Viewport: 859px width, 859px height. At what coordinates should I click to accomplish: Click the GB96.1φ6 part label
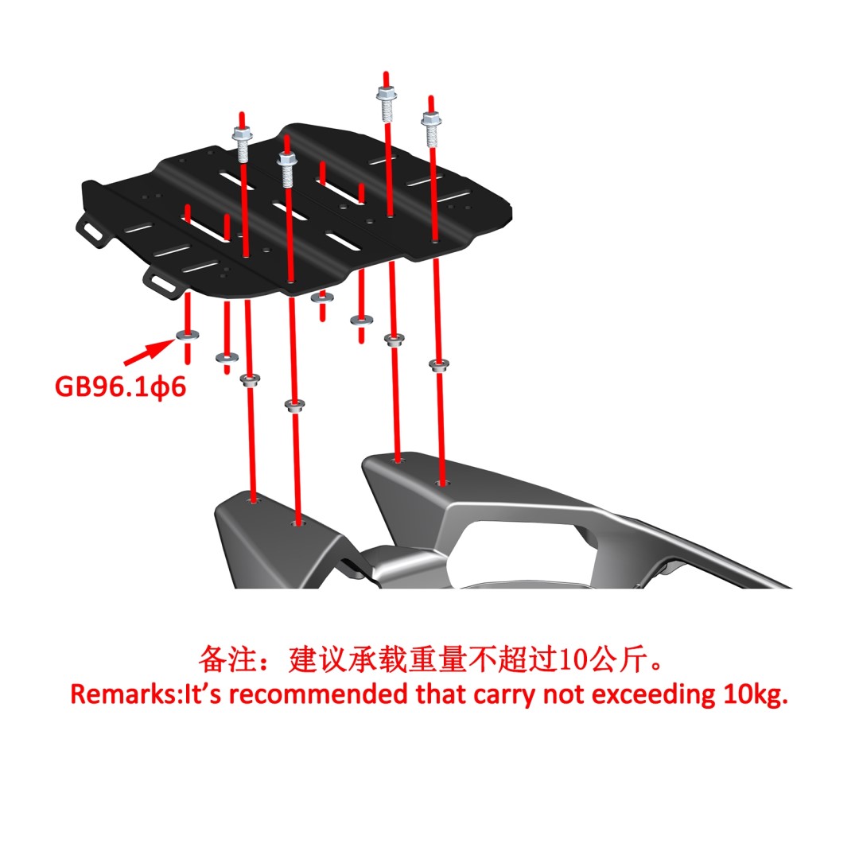point(121,387)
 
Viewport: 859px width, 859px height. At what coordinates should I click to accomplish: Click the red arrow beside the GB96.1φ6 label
point(149,352)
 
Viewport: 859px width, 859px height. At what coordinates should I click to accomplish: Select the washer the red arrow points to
point(188,336)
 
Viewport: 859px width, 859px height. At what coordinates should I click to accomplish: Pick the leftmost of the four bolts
point(242,144)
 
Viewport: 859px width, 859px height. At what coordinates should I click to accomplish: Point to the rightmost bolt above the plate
point(432,128)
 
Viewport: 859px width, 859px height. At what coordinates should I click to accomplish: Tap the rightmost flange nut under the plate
point(439,364)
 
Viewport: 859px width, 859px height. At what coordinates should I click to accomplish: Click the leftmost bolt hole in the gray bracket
point(253,501)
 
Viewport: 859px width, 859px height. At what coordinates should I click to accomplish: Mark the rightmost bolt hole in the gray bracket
point(441,484)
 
